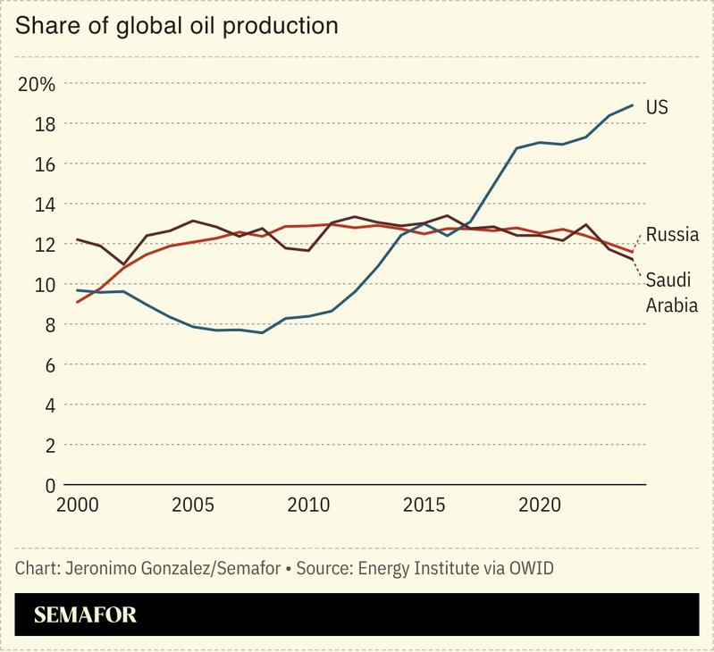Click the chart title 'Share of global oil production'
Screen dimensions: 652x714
177,26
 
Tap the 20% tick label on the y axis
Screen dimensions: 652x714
37,85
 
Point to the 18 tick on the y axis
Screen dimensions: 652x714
46,124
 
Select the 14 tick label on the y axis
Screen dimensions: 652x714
46,205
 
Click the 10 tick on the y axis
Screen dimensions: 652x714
46,285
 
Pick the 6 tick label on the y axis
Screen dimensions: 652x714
50,365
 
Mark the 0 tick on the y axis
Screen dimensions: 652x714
50,486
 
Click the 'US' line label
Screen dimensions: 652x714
657,107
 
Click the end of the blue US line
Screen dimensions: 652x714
633,105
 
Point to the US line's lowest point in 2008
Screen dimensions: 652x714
261,332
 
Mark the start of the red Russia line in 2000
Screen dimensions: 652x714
77,302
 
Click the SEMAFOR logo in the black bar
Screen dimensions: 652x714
86,615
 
